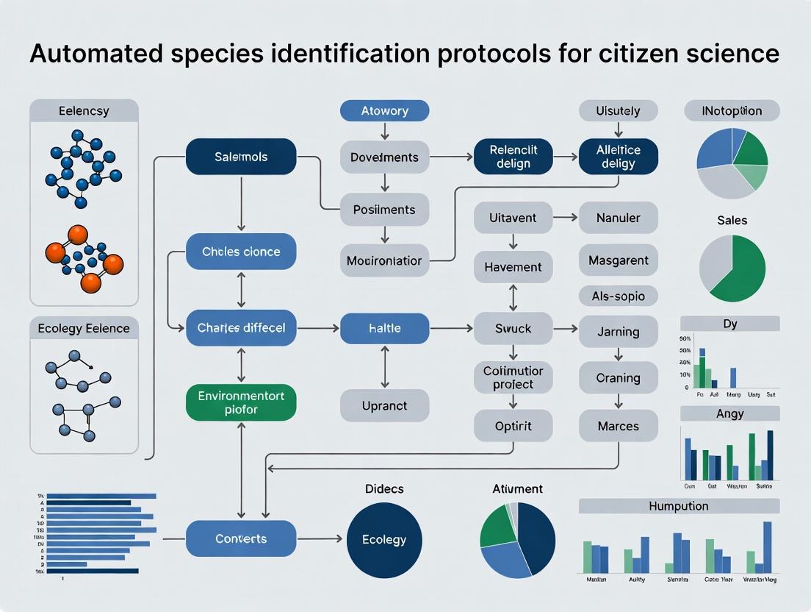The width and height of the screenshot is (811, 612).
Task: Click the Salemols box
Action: [241, 157]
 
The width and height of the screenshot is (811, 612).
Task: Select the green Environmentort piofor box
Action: [241, 402]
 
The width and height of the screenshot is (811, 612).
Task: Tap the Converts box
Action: [241, 538]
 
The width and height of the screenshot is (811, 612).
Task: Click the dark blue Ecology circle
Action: [384, 540]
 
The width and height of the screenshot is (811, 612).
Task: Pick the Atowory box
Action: [384, 111]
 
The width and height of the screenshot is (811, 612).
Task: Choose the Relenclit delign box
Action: [513, 157]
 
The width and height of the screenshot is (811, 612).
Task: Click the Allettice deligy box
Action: [619, 157]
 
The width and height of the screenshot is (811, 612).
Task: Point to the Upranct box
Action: [384, 405]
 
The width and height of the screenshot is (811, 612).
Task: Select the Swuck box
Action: [513, 328]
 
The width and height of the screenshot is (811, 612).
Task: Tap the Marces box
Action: [619, 426]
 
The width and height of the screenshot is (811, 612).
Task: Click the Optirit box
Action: [513, 426]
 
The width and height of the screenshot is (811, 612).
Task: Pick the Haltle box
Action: [384, 328]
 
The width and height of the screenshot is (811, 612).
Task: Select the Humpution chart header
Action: [679, 506]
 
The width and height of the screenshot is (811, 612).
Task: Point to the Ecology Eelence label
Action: [84, 329]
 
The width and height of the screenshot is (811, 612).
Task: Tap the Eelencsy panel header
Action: [84, 111]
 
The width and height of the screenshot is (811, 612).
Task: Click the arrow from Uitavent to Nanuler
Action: [564, 218]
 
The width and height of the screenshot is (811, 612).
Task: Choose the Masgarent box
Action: [619, 260]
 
